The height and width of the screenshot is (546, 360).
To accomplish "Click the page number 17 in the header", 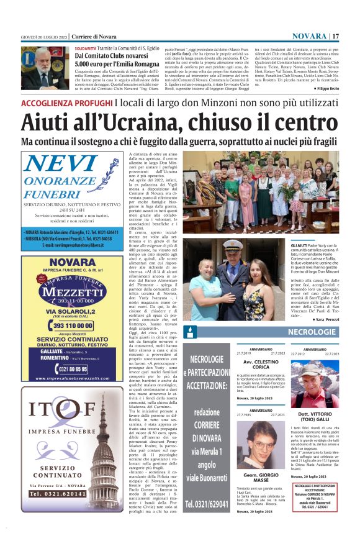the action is (x=336, y=36).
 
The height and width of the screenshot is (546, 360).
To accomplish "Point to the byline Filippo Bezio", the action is (x=320, y=89).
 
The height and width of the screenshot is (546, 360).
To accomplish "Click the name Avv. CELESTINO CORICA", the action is (x=261, y=365).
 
